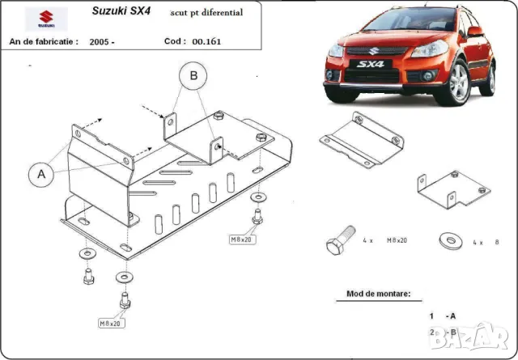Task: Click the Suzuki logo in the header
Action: [x=36, y=19]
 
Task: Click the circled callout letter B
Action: [x=193, y=77]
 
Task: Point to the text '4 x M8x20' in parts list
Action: [x=384, y=241]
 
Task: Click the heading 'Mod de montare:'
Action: [x=378, y=294]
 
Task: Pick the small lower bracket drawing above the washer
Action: [x=453, y=188]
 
